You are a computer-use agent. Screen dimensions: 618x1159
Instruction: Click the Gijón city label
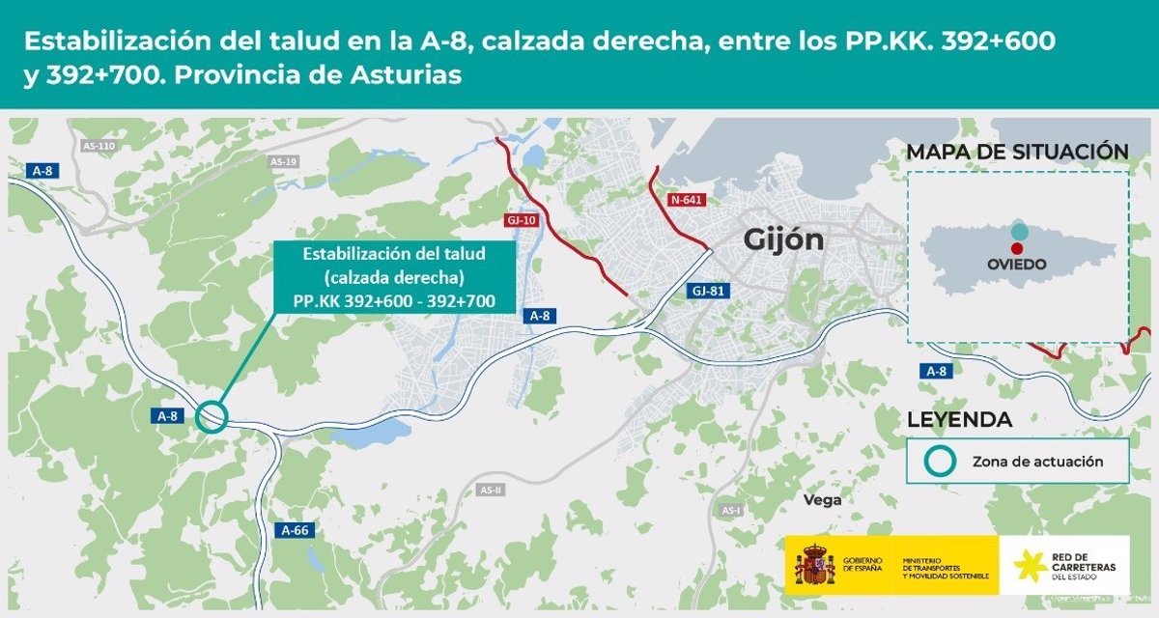783,239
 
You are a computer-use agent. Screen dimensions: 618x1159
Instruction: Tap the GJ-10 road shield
520,220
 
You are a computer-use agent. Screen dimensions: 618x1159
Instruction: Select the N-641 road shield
687,200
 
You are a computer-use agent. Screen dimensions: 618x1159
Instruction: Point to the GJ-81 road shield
708,290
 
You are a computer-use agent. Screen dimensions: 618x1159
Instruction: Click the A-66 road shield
295,530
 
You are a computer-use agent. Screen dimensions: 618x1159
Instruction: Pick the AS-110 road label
99,147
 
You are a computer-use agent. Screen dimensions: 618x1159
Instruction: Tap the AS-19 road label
283,161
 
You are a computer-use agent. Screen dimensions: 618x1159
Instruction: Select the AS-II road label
491,490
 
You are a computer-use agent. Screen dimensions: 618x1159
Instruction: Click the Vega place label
823,500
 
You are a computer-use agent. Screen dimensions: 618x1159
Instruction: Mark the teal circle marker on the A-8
211,417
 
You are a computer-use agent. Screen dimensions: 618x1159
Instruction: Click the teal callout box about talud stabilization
394,277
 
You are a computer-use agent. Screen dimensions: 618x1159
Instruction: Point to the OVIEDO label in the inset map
1015,264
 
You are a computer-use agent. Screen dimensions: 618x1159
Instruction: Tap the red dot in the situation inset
1017,248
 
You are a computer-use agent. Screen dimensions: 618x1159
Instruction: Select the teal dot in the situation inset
1020,232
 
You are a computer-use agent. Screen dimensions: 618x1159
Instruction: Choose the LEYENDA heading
960,420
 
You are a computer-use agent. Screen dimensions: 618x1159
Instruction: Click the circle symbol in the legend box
942,462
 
